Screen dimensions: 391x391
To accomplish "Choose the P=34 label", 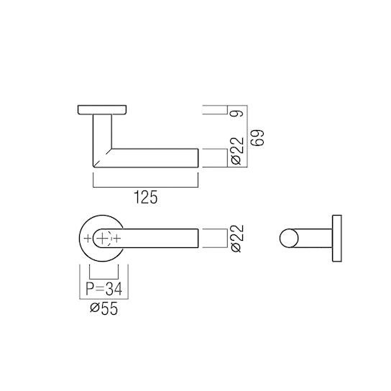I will coord(101,290).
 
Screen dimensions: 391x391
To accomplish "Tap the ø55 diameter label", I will coord(101,310).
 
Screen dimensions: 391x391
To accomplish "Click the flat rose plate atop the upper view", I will coord(101,111).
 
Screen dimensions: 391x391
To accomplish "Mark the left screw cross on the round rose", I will coord(87,238).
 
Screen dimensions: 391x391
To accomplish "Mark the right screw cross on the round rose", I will coord(118,238).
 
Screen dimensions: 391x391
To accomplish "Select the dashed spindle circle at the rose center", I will coord(103,238).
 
